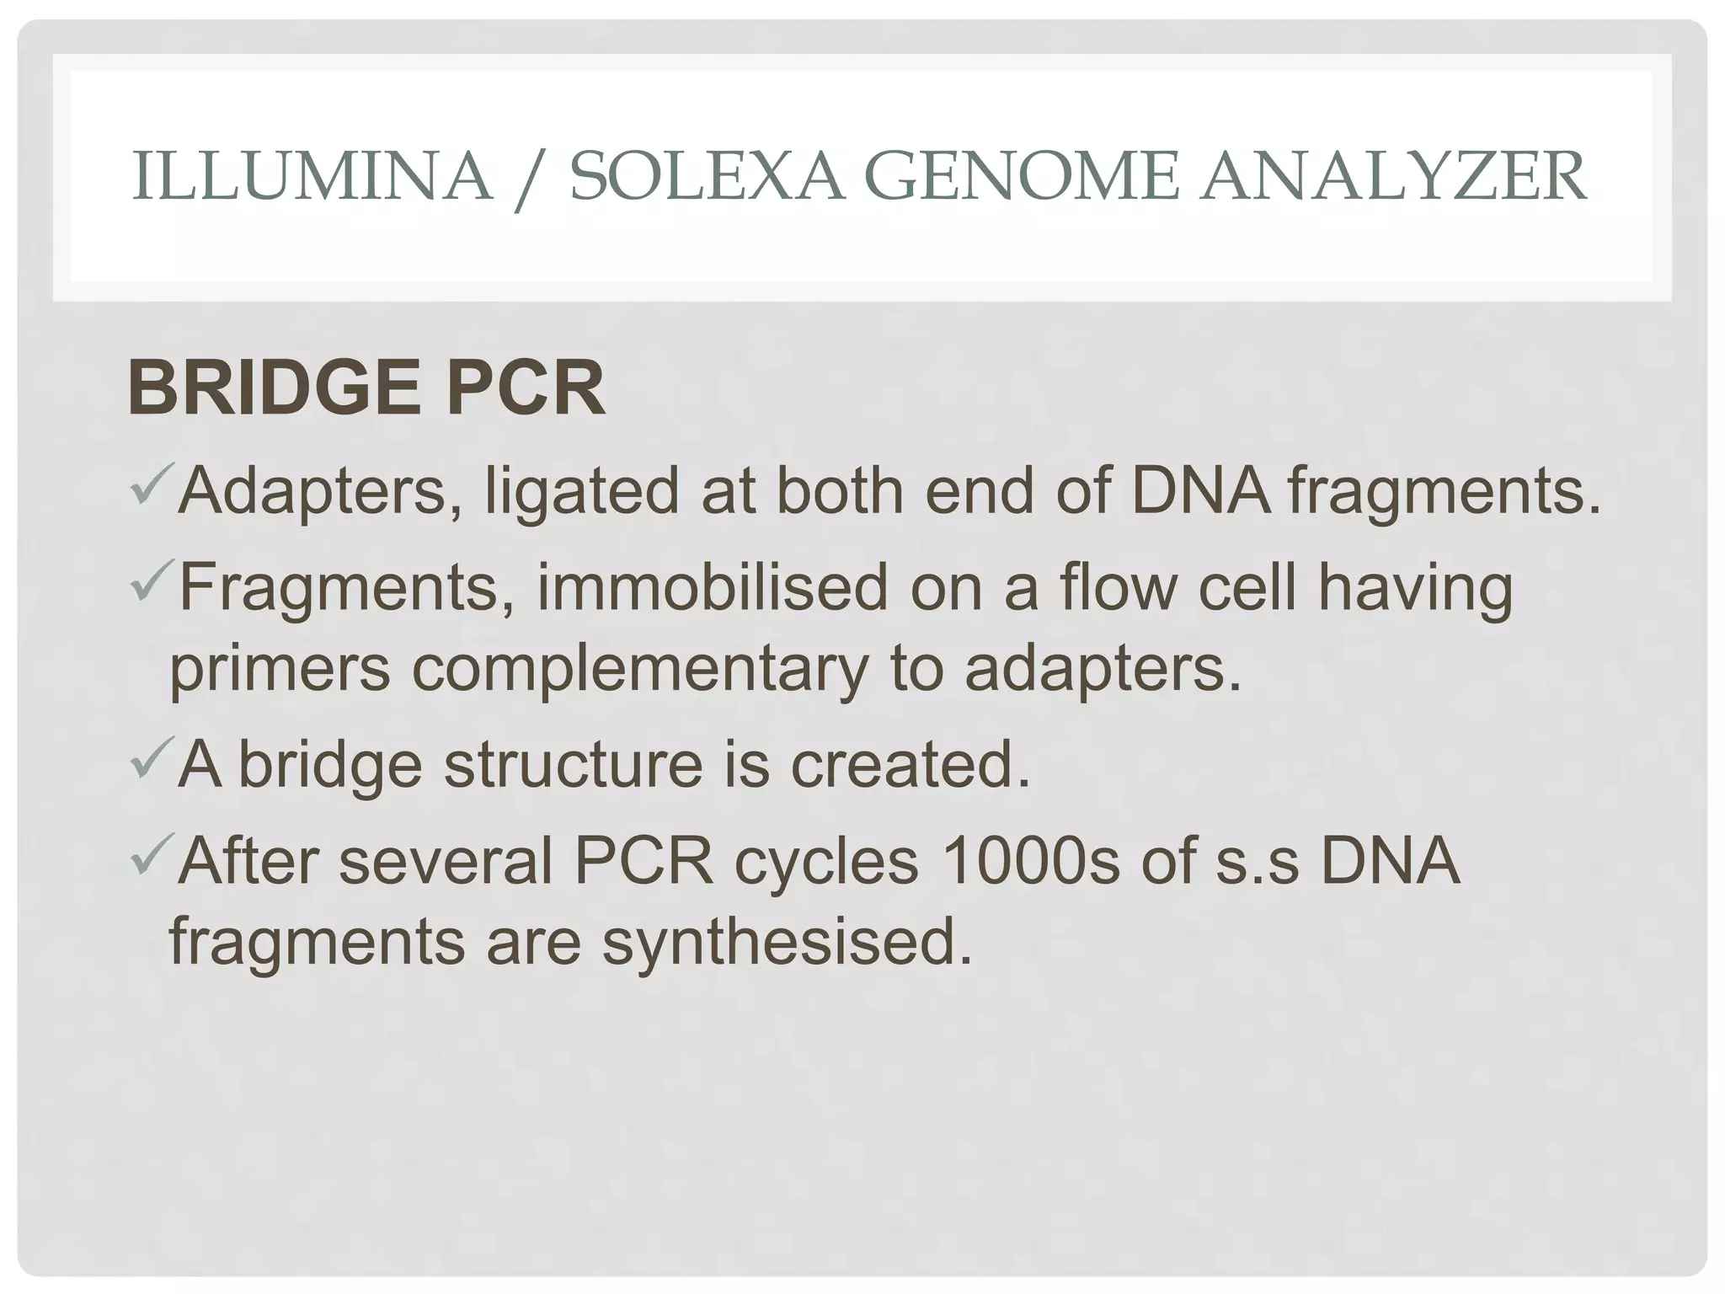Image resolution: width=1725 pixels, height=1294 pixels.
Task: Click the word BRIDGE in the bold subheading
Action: click(x=274, y=388)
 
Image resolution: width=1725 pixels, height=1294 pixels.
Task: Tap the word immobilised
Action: click(x=712, y=587)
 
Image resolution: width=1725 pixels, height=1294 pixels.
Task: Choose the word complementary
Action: click(x=639, y=670)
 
